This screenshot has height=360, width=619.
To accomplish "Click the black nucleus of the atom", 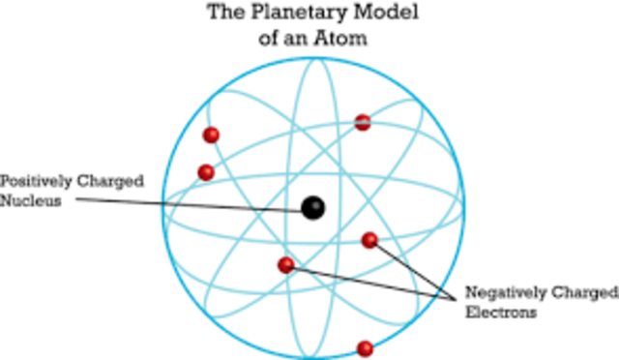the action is pyautogui.click(x=312, y=207).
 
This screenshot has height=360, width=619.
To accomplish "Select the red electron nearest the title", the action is pyautogui.click(x=363, y=123).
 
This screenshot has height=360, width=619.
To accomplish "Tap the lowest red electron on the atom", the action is pyautogui.click(x=365, y=348).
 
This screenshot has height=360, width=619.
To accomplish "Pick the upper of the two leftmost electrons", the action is pyautogui.click(x=211, y=135).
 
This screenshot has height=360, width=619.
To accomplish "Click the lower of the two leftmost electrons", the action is pyautogui.click(x=205, y=172).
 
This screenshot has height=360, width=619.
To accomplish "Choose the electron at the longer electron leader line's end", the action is pyautogui.click(x=286, y=265).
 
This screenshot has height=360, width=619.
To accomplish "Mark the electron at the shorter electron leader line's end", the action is pyautogui.click(x=369, y=240).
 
